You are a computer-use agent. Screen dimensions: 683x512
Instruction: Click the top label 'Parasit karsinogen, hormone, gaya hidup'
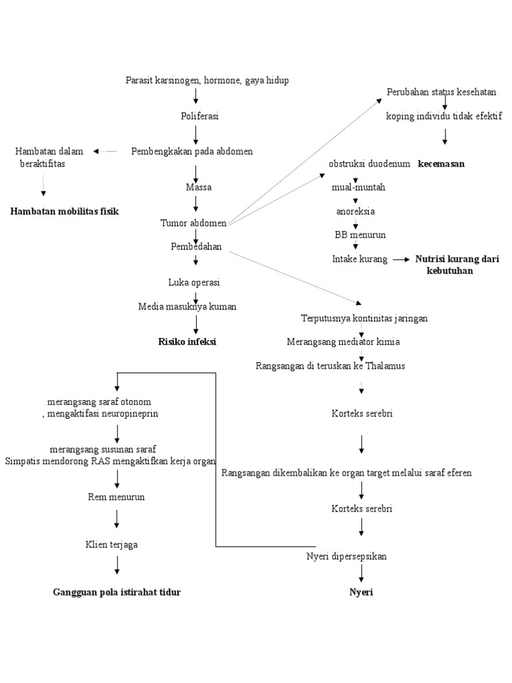[207, 80]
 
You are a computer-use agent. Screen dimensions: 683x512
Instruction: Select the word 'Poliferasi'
[200, 116]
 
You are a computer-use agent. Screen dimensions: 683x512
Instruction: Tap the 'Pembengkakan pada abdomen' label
[192, 151]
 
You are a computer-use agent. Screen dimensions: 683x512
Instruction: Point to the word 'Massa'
[199, 187]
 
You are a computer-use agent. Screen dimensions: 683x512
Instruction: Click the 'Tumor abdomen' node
[193, 223]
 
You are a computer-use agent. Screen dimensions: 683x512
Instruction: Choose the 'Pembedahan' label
[196, 247]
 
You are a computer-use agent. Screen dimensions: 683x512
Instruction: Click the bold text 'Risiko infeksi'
[187, 342]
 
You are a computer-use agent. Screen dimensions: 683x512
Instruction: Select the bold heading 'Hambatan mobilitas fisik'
[65, 211]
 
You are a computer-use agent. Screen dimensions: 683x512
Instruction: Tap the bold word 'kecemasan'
[441, 164]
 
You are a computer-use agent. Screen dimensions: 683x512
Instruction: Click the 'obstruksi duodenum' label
[369, 164]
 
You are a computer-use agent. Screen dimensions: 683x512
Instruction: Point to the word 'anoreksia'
[355, 211]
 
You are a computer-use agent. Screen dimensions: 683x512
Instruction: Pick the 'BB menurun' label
[360, 235]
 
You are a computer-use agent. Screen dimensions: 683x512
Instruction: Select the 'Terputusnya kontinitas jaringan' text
[365, 318]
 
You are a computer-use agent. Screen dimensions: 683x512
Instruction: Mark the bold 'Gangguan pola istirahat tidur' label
[117, 592]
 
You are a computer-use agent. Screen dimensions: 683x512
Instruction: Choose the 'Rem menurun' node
[117, 497]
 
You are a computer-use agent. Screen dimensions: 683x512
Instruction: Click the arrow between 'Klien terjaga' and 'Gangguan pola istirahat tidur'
[117, 565]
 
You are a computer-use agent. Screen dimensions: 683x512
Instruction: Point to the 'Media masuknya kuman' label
[187, 307]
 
